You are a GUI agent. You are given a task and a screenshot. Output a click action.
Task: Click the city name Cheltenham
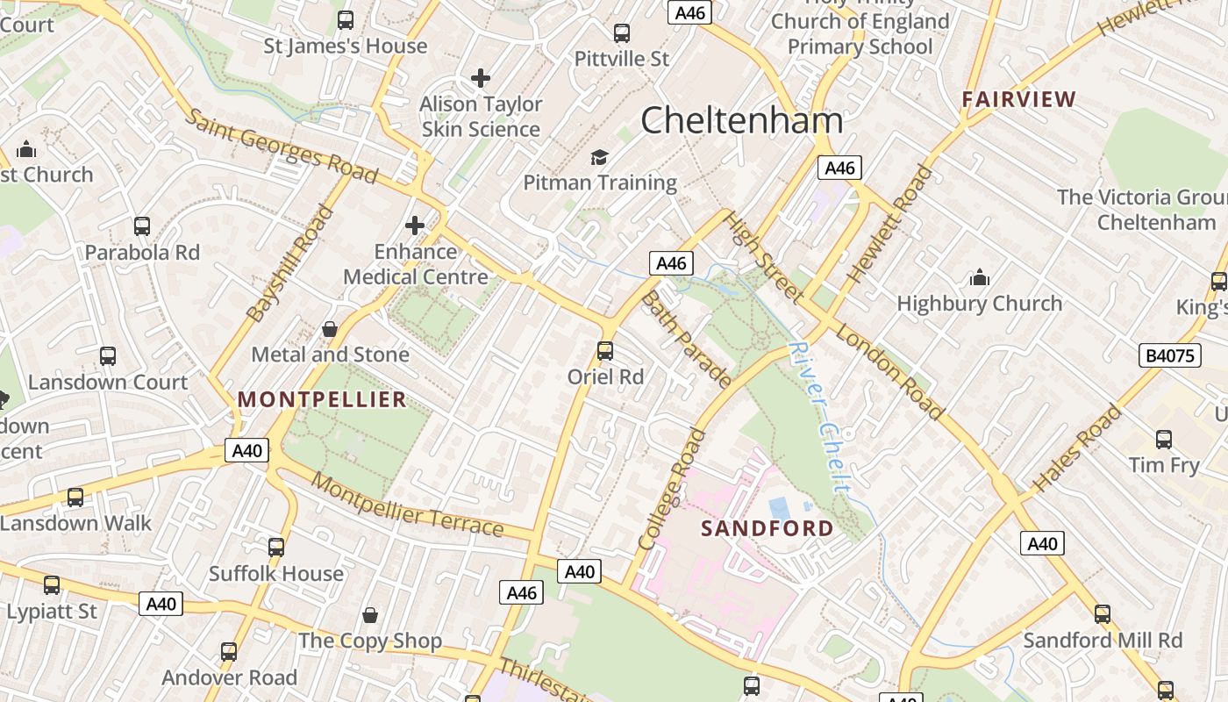click(x=742, y=120)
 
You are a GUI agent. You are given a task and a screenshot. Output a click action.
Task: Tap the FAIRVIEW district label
click(x=1018, y=99)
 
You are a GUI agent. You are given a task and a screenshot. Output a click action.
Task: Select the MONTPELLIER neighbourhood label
click(x=322, y=400)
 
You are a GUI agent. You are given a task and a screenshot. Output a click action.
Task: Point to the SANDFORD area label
click(x=767, y=528)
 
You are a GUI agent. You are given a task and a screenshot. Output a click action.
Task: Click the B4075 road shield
click(x=1170, y=355)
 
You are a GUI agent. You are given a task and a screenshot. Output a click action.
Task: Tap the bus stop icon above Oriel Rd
click(x=605, y=351)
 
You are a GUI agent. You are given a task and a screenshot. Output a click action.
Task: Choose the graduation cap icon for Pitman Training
click(x=599, y=157)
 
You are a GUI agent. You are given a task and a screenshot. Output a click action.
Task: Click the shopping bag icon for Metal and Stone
click(x=330, y=329)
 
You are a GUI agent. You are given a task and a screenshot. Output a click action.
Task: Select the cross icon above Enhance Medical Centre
click(x=415, y=226)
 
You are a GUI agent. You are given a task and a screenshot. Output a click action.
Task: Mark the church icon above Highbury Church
click(x=980, y=278)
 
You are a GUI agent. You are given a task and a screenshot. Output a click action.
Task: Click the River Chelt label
click(x=819, y=416)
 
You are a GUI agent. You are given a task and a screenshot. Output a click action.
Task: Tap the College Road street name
click(x=673, y=489)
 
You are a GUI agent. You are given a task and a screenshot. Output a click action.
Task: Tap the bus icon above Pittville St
click(x=622, y=33)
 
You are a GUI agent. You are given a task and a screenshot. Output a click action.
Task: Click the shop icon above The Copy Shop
click(x=370, y=614)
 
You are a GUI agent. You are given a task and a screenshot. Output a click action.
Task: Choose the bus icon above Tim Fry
click(x=1164, y=440)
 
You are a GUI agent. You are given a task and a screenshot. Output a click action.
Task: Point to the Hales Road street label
click(x=1077, y=448)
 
